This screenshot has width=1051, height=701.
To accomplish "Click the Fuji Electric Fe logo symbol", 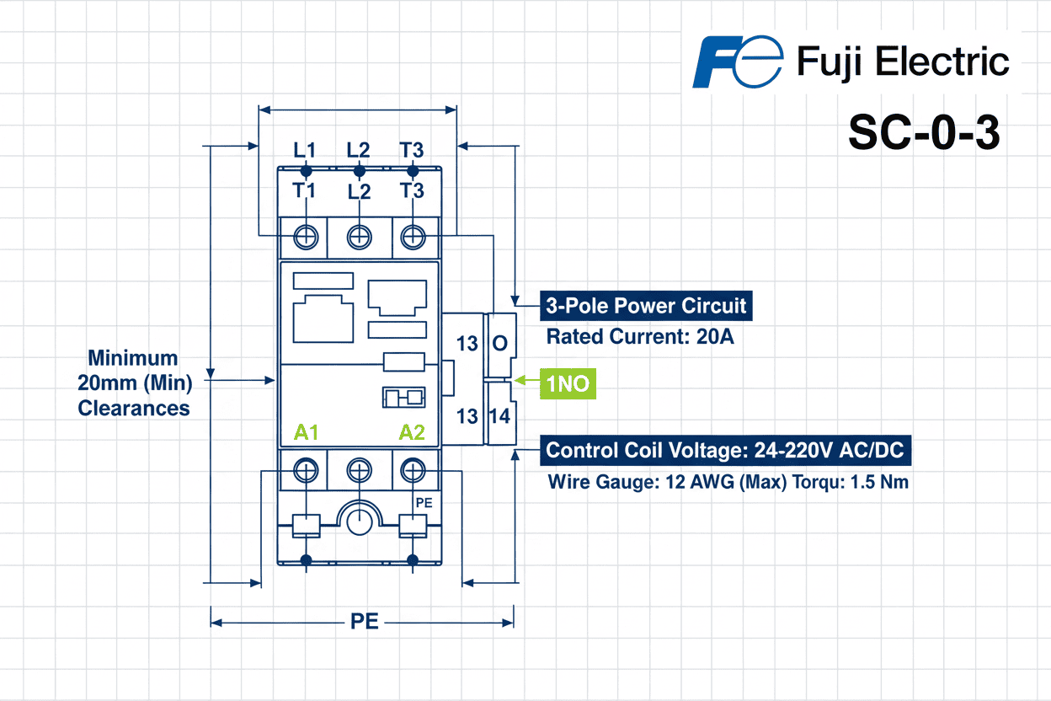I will coord(734,62).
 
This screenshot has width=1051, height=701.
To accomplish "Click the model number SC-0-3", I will coord(924,132).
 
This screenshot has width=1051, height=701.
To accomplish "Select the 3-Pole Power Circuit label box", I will coord(645,306).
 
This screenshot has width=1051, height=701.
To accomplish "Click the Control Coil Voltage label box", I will coord(724,450).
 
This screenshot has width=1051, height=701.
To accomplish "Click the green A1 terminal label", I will coord(307,433).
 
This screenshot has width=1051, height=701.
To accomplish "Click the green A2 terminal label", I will coord(412,433).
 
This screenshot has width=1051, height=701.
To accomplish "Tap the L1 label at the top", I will coord(305,150).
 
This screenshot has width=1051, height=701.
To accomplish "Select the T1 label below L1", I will coord(305,190).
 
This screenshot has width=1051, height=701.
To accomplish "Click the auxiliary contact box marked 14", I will coord(500,415).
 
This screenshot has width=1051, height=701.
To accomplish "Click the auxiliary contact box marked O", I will coord(500,344).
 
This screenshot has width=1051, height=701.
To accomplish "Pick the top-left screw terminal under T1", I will coord(307,237).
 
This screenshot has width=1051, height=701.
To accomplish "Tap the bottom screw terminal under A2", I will coord(412,468).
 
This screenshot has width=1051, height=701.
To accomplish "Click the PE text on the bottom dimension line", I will coord(364,623).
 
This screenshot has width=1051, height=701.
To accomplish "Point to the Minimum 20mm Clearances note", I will coord(135,383).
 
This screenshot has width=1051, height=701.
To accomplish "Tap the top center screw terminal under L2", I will coord(360,237).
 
